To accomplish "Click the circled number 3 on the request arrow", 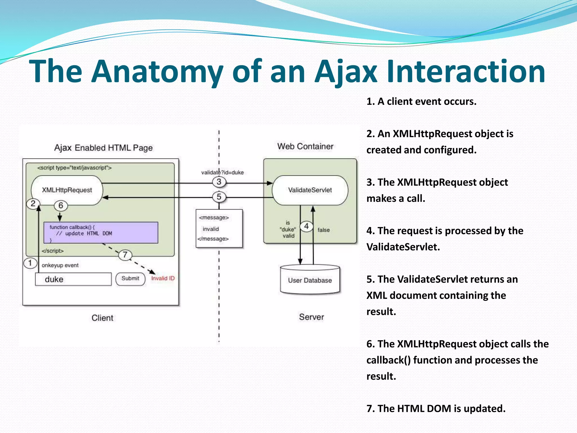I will [219, 182].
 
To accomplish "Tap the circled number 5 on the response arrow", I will [219, 197].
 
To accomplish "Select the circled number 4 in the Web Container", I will [306, 226].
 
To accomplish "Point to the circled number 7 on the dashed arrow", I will [125, 255].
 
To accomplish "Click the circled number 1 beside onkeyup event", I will [30, 263].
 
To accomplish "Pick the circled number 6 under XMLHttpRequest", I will [61, 206].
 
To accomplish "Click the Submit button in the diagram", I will [130, 279].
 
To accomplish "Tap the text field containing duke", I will [73, 279].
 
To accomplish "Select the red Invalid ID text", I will [163, 279].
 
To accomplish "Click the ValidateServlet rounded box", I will [310, 190].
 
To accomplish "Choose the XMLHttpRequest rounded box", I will [67, 190].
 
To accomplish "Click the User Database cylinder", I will [310, 280].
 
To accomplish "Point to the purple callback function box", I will [101, 233].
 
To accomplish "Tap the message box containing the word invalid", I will [219, 229].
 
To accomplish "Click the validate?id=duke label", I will [222, 173].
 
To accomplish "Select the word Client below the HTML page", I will [102, 318].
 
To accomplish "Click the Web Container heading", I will [305, 146].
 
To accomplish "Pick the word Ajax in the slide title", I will [346, 72].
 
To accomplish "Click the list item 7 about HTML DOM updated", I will [436, 408].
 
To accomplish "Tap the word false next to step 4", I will [323, 230].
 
